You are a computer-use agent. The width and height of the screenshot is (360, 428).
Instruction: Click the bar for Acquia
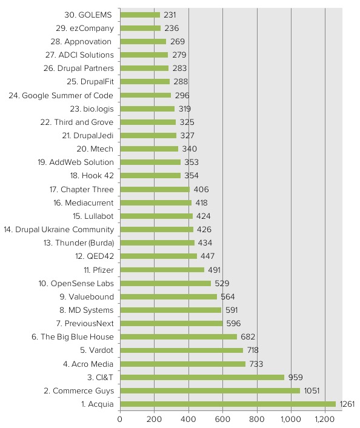tap(227, 404)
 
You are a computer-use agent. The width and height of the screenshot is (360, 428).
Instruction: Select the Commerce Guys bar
tap(210, 390)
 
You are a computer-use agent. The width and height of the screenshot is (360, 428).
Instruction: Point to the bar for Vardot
tap(181, 350)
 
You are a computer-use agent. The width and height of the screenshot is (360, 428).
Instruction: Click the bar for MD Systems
tap(170, 310)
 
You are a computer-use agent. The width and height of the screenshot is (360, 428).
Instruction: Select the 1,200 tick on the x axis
tap(325, 418)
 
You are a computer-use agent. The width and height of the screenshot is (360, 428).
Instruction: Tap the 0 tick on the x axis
tap(120, 418)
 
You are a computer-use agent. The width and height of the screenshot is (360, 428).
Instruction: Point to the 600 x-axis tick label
tap(223, 418)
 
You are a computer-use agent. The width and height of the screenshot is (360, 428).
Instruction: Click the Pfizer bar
tap(162, 270)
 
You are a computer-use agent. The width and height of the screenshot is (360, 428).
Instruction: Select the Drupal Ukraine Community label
tap(59, 229)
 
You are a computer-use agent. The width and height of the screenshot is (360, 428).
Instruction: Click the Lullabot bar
tap(156, 216)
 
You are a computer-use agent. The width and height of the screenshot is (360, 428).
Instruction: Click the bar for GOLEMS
tap(140, 15)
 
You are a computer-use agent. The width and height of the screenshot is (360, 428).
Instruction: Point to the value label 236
tap(172, 28)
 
